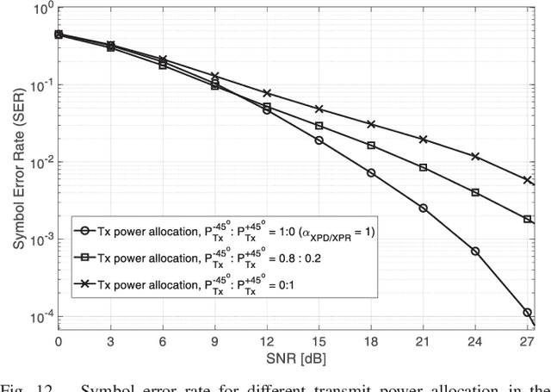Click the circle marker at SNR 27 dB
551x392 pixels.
(527, 313)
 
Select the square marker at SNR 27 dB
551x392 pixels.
(527, 220)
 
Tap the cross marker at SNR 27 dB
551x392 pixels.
(527, 180)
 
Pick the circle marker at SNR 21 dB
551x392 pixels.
(423, 208)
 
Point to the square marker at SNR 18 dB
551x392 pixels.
(371, 146)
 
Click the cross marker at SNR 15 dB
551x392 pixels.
(319, 109)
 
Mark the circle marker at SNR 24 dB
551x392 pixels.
(475, 251)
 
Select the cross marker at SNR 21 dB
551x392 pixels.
(423, 139)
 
